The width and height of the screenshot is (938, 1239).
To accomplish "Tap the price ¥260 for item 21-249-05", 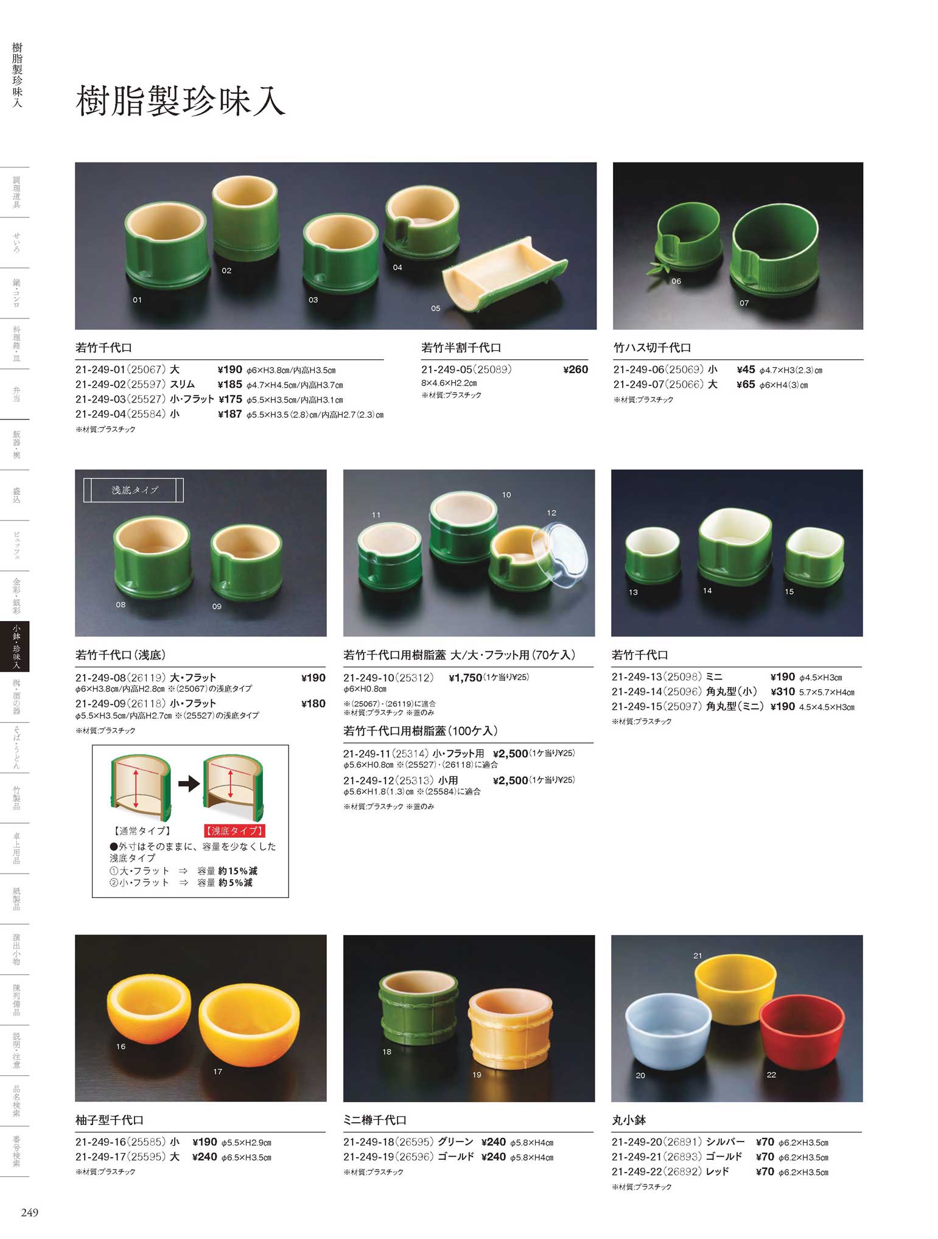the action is click(575, 369).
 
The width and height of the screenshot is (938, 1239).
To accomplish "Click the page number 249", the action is click(29, 1212).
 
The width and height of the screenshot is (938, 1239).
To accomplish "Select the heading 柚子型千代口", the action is click(110, 1120).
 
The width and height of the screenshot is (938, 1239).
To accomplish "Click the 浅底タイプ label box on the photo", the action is click(133, 490).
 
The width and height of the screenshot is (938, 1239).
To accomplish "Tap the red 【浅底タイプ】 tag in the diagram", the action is click(234, 830).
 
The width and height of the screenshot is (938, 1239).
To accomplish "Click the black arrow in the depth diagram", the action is click(189, 784).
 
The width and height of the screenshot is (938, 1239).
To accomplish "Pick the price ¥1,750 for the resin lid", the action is click(465, 678).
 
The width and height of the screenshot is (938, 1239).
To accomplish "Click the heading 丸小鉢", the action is click(629, 1120).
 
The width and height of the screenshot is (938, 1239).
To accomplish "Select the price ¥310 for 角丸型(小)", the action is click(783, 692).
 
